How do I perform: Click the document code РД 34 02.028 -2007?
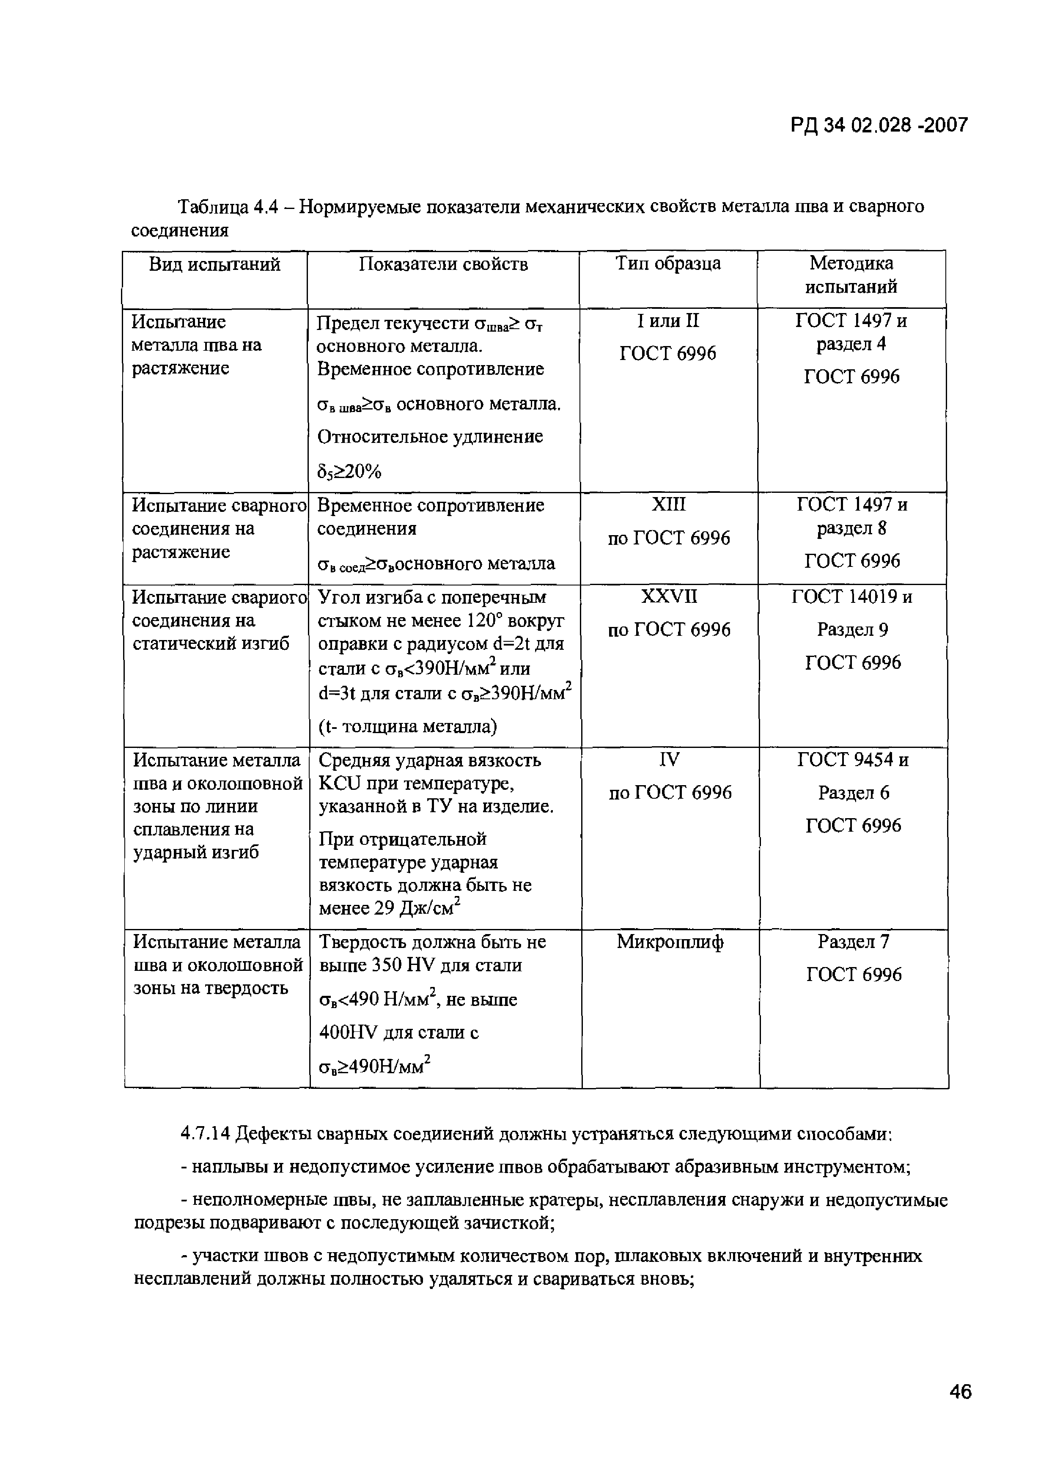(x=879, y=125)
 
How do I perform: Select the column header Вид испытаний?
(x=214, y=264)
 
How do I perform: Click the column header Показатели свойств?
(x=443, y=264)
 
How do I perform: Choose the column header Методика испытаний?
(x=851, y=275)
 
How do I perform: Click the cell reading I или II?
(x=667, y=321)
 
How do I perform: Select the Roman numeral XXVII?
(x=669, y=596)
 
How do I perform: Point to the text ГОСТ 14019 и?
(x=852, y=596)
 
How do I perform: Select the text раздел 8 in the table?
(x=851, y=529)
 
